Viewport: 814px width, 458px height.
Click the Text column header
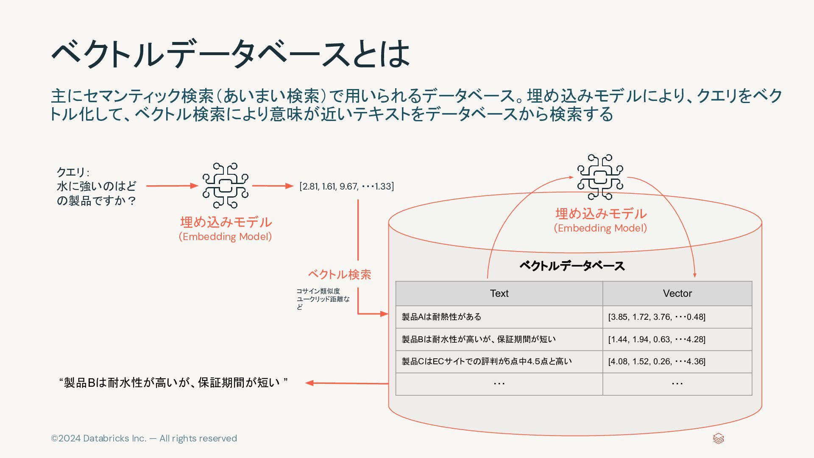(x=499, y=293)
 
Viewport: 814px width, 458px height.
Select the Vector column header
(x=677, y=293)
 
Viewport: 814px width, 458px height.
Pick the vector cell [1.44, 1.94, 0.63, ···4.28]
(x=657, y=339)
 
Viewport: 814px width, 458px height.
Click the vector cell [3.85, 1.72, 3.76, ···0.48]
(x=657, y=317)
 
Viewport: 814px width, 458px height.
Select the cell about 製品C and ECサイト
(x=487, y=361)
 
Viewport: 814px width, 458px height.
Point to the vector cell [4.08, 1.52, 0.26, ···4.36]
(x=657, y=361)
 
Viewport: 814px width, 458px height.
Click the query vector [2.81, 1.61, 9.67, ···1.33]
(x=346, y=186)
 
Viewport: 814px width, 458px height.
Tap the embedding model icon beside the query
(x=225, y=185)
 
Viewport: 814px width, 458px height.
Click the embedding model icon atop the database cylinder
(x=600, y=177)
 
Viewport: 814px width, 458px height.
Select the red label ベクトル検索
(x=339, y=274)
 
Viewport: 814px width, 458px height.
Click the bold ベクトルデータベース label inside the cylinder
(x=572, y=266)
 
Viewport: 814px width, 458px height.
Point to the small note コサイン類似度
(x=318, y=291)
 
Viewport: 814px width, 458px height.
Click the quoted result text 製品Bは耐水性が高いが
(x=173, y=383)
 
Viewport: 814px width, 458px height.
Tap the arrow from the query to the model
(x=172, y=186)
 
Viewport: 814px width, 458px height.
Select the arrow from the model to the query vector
(x=272, y=186)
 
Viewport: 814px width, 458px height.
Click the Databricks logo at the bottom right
(x=718, y=438)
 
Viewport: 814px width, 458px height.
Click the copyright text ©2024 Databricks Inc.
(x=144, y=438)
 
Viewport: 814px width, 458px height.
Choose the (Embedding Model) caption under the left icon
(x=225, y=237)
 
